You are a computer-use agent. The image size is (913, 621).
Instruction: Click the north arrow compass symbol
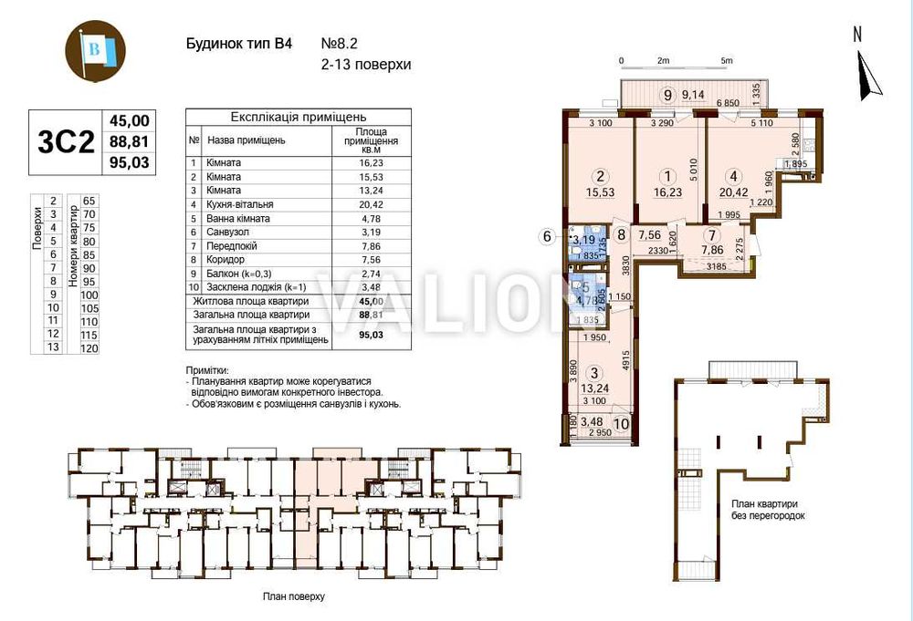point(866,73)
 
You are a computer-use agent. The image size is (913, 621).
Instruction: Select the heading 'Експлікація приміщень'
point(299,118)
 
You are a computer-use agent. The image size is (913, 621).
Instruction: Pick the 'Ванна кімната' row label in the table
point(237,219)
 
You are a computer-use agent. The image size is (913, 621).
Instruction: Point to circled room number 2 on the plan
point(600,177)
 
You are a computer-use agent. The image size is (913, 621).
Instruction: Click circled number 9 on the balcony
point(668,94)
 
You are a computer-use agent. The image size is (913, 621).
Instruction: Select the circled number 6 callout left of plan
point(548,237)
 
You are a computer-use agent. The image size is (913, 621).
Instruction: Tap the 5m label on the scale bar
point(726,61)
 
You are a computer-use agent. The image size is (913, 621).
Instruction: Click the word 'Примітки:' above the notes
point(208,371)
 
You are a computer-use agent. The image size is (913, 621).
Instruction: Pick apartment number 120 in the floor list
point(89,347)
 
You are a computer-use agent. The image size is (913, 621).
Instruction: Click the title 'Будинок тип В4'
point(232,44)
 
